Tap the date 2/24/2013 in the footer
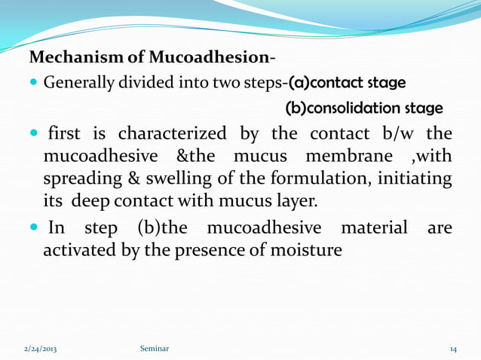(38, 349)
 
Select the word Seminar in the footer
(155, 349)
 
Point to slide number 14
(453, 349)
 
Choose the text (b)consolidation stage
(364, 108)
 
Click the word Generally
(78, 81)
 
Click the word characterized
(171, 135)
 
